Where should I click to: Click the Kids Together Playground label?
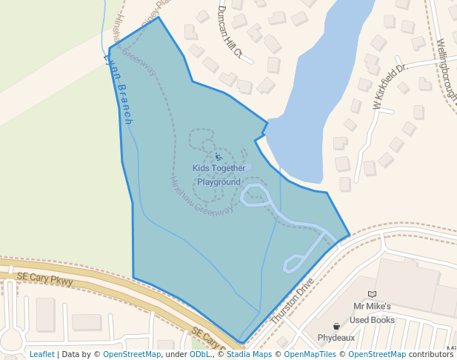[219, 175]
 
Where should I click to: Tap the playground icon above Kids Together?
[219, 157]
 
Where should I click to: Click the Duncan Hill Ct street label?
[229, 31]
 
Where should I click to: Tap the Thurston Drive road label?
[293, 299]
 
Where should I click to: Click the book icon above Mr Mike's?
[372, 294]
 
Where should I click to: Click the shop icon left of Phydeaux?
[336, 326]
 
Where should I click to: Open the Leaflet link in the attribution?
[41, 354]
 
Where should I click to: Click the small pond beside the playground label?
[247, 167]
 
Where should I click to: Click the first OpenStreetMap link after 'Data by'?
[132, 354]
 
